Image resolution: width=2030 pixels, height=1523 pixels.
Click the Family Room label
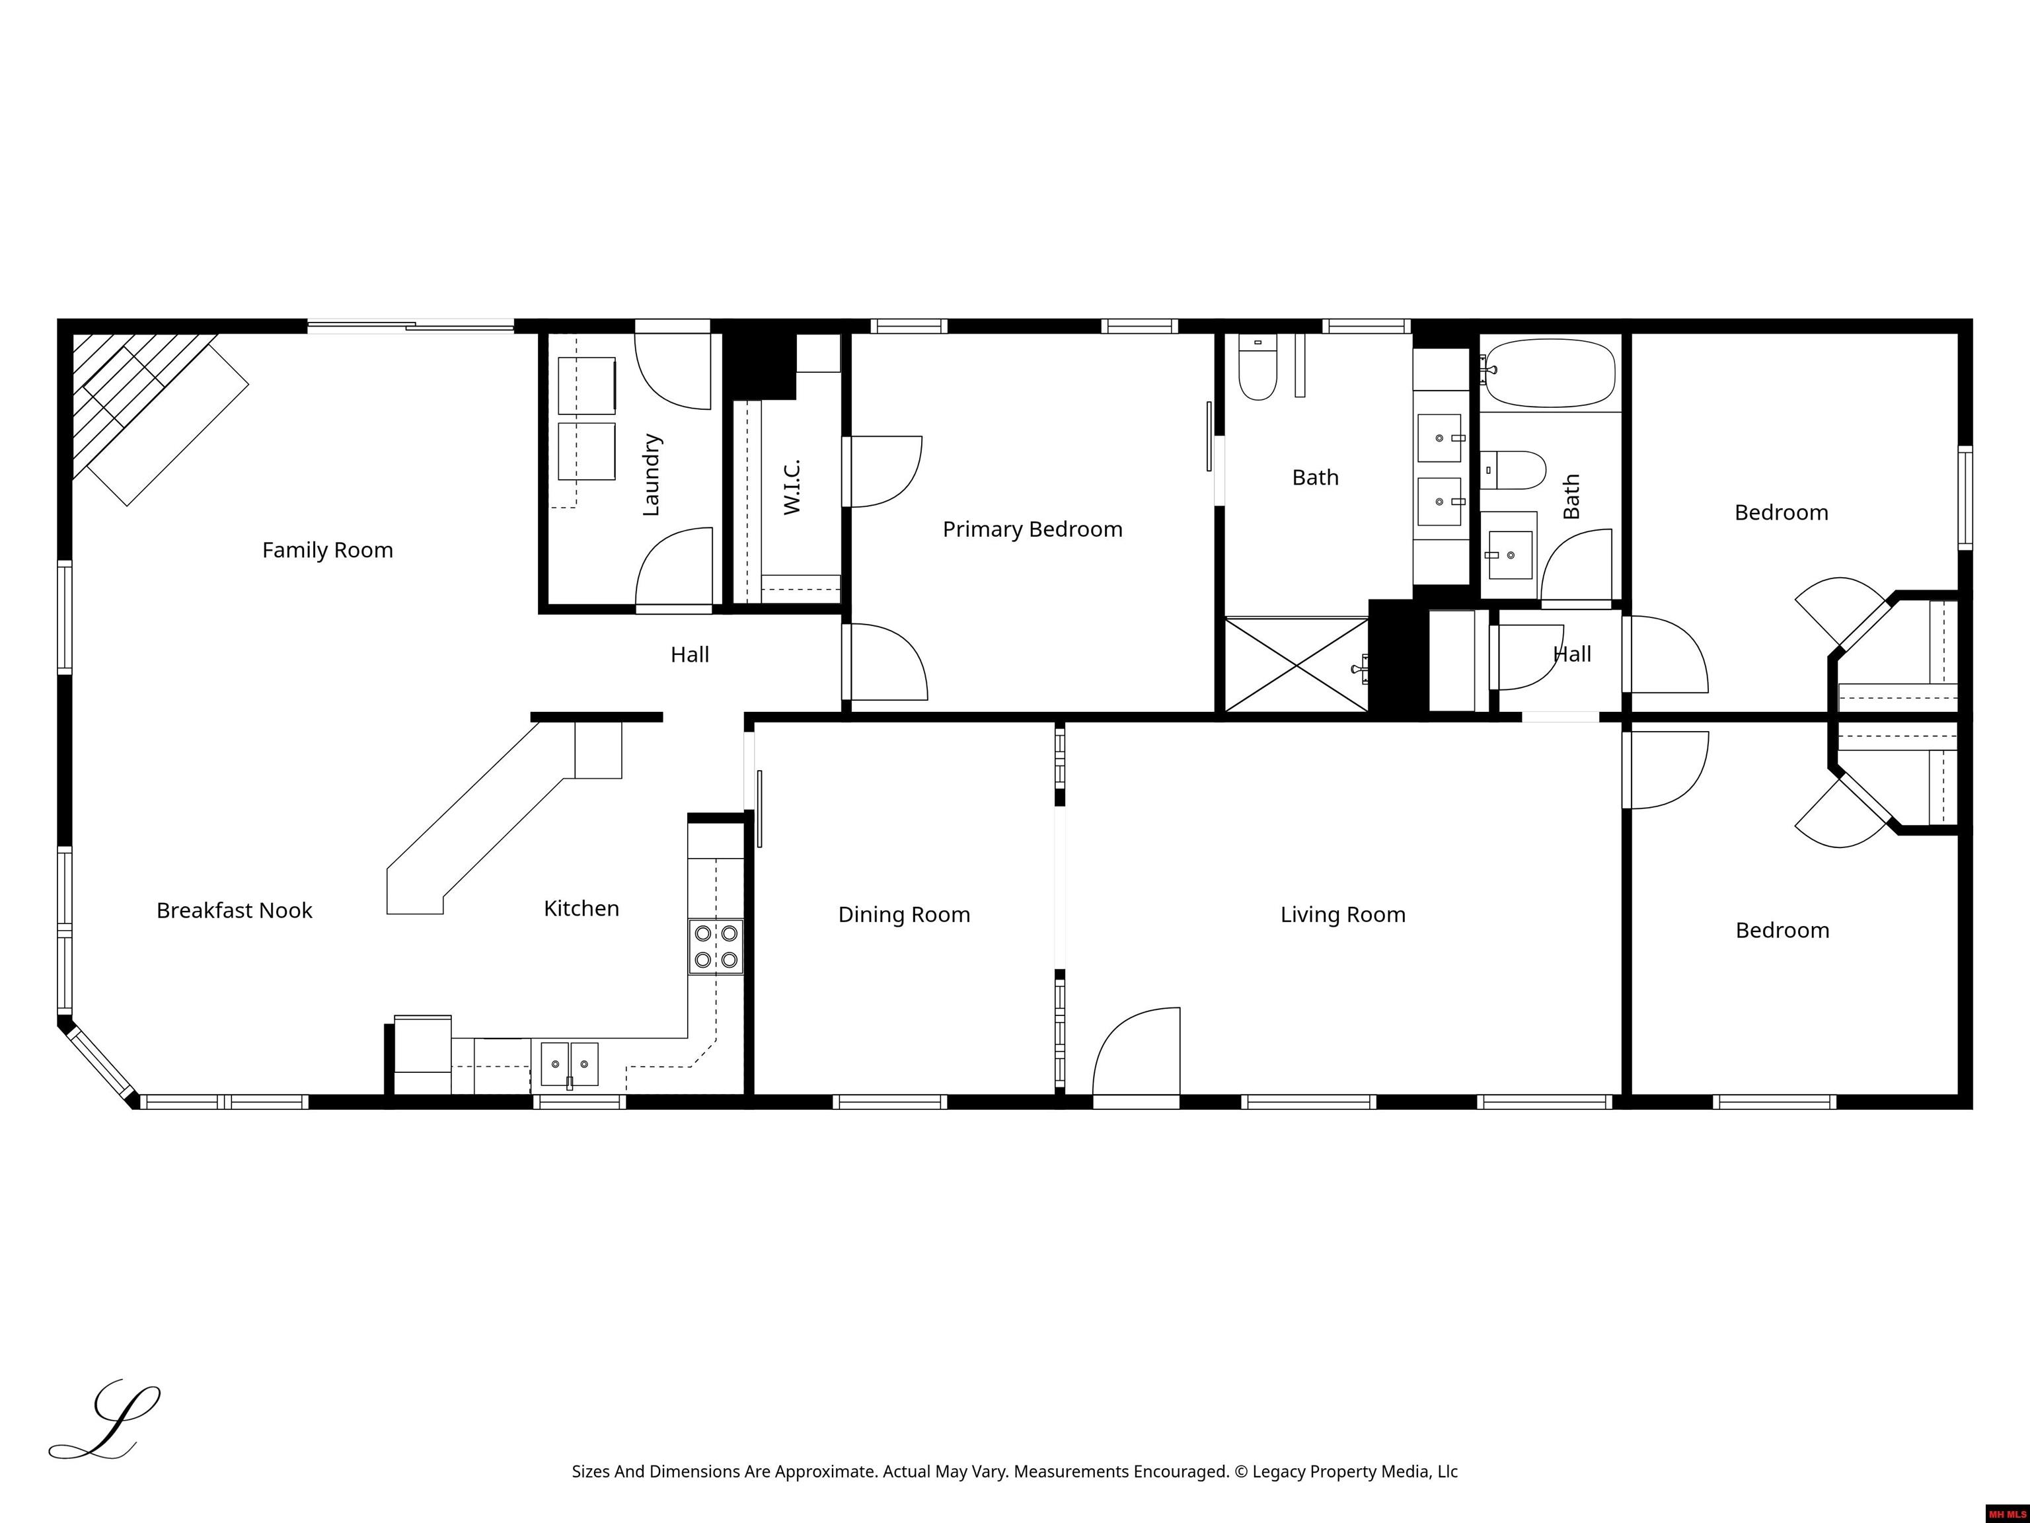[x=328, y=550]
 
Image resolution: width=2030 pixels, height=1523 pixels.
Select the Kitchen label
[x=581, y=908]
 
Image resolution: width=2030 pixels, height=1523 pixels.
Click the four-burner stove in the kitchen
[x=716, y=947]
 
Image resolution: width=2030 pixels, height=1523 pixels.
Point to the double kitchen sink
[x=569, y=1064]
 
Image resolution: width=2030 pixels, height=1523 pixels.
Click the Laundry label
[x=651, y=475]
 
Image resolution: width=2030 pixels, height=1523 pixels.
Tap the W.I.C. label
[x=792, y=487]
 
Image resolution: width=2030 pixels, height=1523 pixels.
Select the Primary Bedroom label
[x=1032, y=529]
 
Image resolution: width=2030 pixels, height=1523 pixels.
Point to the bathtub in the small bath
[x=1550, y=373]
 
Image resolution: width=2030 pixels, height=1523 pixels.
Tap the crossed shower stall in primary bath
[x=1296, y=664]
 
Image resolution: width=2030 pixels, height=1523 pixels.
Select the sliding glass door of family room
[x=410, y=325]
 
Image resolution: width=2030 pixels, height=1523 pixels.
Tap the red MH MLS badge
[x=2007, y=1514]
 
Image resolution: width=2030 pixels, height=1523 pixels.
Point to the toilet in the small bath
[x=1513, y=469]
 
